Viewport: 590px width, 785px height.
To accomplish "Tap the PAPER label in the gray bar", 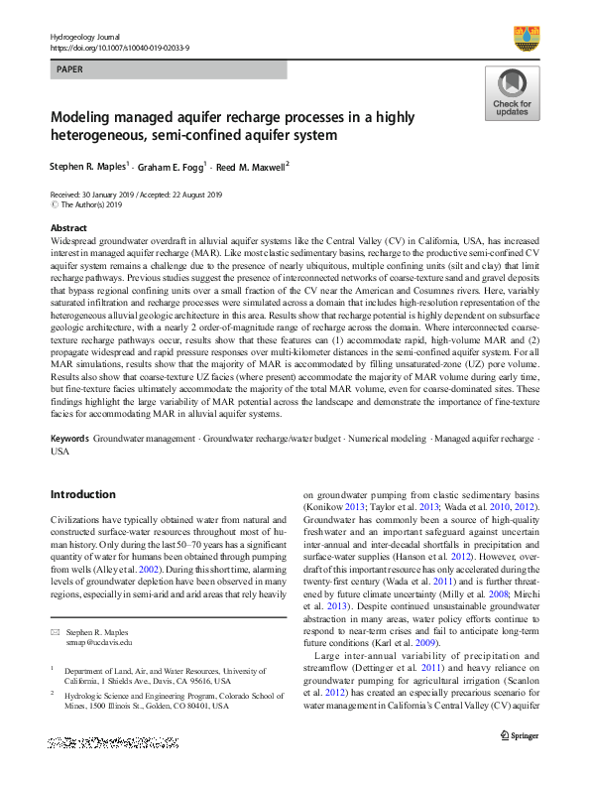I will coord(71,70).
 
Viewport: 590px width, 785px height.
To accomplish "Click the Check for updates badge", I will coord(512,93).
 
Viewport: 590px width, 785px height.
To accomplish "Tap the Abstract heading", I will coord(68,228).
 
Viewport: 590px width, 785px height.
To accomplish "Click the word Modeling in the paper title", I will coord(84,116).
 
